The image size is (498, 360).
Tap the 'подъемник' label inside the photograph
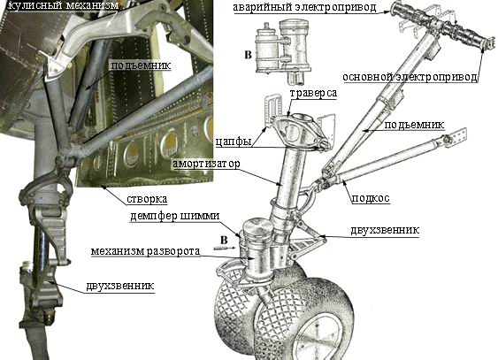click(x=141, y=65)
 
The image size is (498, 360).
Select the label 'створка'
click(x=147, y=199)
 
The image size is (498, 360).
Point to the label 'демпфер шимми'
click(x=174, y=216)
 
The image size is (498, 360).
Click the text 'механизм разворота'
click(x=145, y=251)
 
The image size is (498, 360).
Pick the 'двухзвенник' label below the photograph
click(x=120, y=286)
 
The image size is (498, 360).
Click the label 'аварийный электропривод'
click(x=305, y=7)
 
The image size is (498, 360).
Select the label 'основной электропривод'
click(x=410, y=77)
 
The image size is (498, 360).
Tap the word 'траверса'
click(x=313, y=94)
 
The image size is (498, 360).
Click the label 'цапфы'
click(x=234, y=142)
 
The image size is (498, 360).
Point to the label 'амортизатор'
click(x=206, y=164)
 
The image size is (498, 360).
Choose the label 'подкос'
click(x=371, y=198)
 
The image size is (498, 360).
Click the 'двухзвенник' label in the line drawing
click(x=385, y=230)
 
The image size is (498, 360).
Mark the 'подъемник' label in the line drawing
click(x=414, y=125)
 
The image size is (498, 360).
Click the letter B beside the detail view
click(x=248, y=55)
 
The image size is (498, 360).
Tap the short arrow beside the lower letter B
click(x=225, y=249)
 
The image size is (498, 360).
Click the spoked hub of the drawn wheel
click(x=318, y=336)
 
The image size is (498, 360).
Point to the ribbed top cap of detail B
click(x=294, y=24)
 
